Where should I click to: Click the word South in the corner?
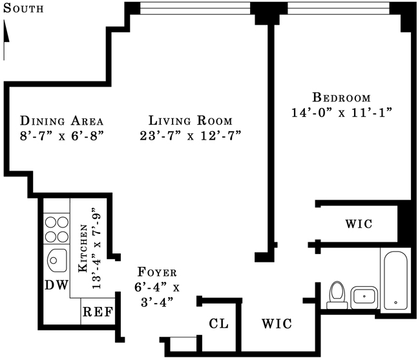click(23, 8)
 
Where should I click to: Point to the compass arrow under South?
click(6, 32)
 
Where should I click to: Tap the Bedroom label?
click(341, 98)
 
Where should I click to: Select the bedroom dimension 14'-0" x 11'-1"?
click(342, 112)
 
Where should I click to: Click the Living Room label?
click(190, 121)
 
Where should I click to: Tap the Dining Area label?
click(62, 121)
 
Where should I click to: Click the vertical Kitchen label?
click(83, 249)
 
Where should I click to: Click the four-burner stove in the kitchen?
click(56, 227)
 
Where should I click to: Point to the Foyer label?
click(157, 272)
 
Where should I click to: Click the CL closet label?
click(219, 324)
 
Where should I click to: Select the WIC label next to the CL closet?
click(277, 324)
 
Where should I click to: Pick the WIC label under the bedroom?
click(359, 224)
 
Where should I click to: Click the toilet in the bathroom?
click(336, 293)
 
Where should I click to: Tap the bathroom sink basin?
click(364, 297)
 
